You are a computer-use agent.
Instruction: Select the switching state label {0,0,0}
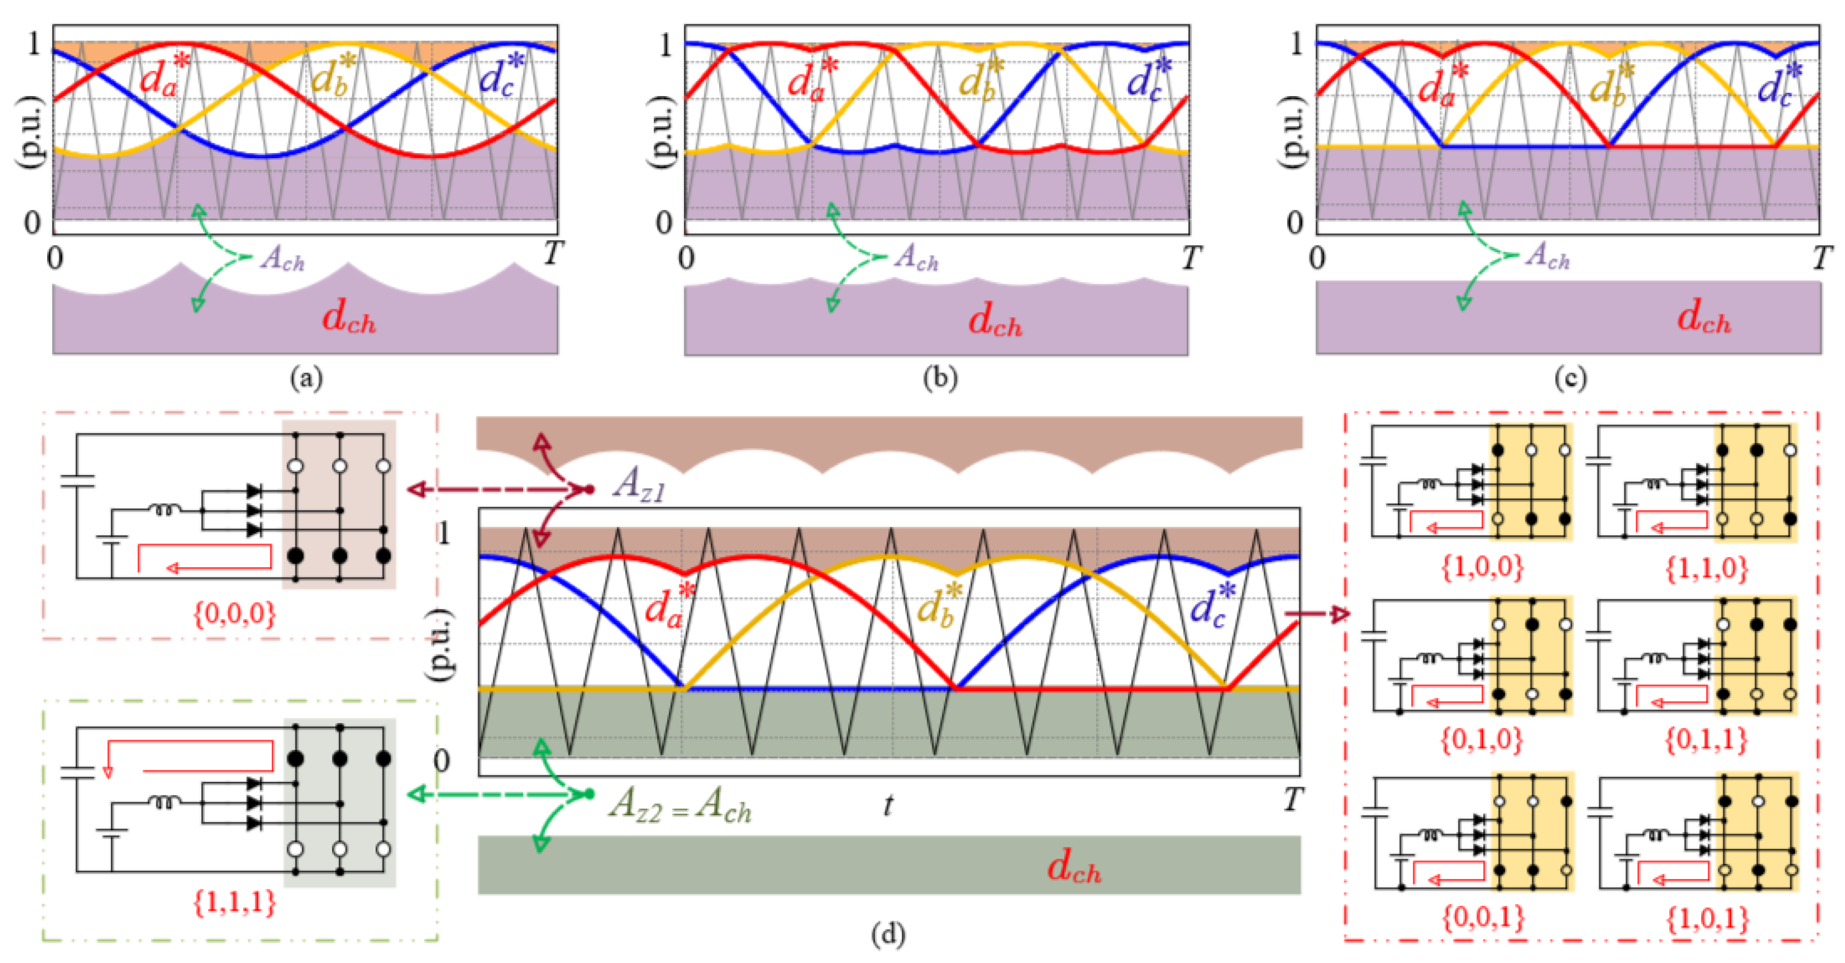point(234,614)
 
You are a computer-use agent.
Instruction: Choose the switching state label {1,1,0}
point(1707,568)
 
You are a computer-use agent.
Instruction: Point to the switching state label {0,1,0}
point(1481,739)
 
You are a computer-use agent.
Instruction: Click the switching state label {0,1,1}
point(1707,739)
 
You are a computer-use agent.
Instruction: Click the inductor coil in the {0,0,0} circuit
point(165,510)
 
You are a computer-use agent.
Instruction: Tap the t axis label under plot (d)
point(888,806)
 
